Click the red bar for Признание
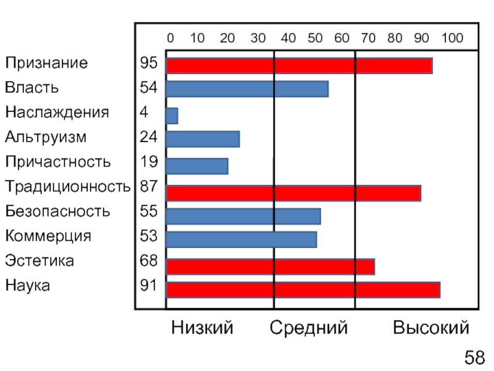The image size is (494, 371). (299, 66)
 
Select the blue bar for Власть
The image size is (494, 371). (247, 89)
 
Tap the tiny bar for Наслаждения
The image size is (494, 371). (172, 116)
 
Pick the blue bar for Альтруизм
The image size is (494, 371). (203, 139)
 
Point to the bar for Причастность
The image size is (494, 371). (197, 166)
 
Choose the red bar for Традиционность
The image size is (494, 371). (293, 193)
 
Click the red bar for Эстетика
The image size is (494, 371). (270, 267)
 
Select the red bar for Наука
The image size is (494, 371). (303, 290)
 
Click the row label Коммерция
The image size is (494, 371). (48, 236)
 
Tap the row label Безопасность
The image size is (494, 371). (58, 211)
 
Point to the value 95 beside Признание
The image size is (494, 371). (148, 63)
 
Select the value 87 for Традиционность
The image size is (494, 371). (148, 186)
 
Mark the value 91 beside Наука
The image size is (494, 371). (148, 286)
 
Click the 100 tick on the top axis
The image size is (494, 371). (452, 38)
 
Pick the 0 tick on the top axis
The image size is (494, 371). (170, 38)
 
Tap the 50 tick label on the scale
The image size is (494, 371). (315, 38)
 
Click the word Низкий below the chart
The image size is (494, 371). (202, 328)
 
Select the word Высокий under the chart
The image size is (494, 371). (430, 328)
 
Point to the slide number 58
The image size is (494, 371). (474, 357)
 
